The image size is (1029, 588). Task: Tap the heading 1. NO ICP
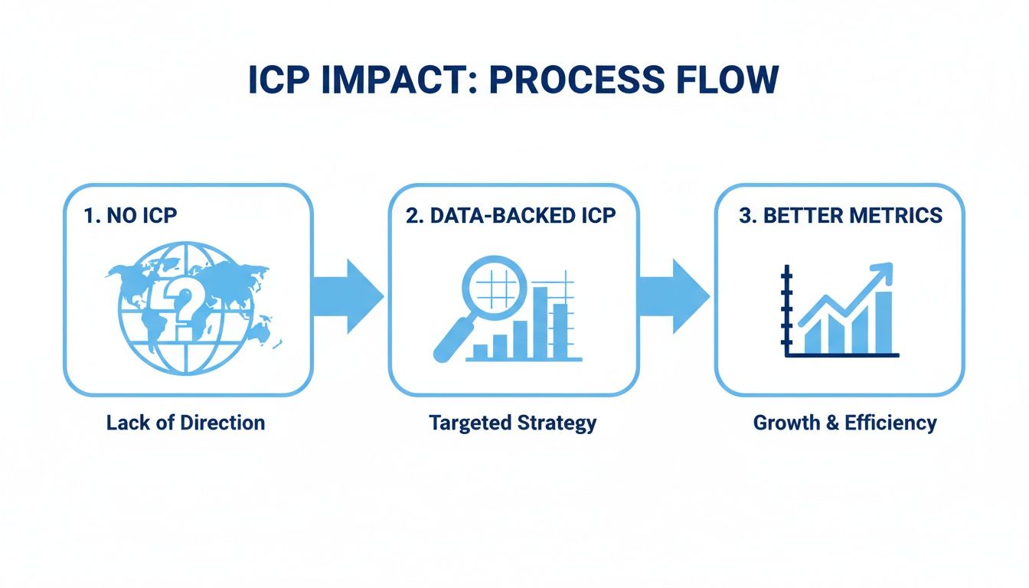130,215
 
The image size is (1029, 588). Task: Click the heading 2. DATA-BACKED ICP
511,215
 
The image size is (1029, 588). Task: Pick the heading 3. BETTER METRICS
841,215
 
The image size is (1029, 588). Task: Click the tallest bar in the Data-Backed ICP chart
540,322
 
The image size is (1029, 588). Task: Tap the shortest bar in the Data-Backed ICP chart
481,351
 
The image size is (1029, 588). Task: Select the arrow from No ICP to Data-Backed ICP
348,296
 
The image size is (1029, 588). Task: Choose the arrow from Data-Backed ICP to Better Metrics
674,296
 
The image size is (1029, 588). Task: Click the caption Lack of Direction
185,423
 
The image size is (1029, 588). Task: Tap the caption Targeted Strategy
512,423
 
